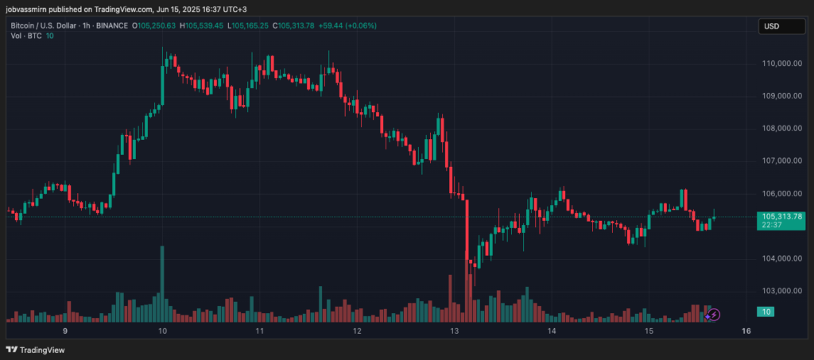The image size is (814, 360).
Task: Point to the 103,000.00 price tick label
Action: (781, 291)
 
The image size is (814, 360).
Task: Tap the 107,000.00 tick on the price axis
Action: (781, 161)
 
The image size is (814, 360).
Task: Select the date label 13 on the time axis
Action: (455, 331)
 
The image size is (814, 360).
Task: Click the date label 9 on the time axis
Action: (65, 331)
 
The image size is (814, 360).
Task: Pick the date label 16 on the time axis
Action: (746, 331)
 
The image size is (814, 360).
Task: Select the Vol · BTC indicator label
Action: (25, 36)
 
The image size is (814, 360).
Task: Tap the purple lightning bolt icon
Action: (714, 315)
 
